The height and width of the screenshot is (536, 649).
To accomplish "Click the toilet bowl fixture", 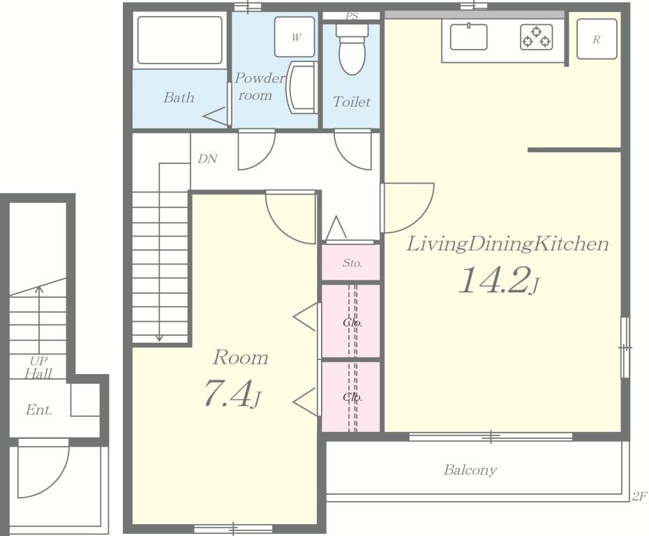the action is click(352, 49).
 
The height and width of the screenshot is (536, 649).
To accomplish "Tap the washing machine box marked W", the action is click(294, 37).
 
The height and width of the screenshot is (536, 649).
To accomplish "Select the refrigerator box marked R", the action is click(597, 39).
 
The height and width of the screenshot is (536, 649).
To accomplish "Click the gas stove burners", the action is click(537, 37).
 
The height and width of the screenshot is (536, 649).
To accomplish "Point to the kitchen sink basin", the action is click(468, 37).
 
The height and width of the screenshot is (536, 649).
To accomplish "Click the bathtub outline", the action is click(179, 40).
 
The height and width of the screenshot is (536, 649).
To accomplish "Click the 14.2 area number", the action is click(499, 281).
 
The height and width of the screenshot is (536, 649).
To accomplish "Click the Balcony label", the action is click(470, 470).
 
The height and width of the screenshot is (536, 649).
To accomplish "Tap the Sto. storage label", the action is click(352, 263).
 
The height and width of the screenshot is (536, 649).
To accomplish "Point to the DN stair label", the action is click(207, 159).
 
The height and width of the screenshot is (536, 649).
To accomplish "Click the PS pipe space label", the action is click(352, 16).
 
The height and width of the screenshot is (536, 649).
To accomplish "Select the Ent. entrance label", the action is click(38, 410).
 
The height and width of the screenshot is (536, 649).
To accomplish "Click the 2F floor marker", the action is click(639, 496).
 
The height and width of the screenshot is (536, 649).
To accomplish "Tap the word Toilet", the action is click(352, 101).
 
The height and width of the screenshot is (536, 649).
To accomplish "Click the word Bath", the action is click(179, 97).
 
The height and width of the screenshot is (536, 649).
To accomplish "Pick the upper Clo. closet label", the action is click(352, 322).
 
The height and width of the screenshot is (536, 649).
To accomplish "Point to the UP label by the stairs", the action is click(38, 361).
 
